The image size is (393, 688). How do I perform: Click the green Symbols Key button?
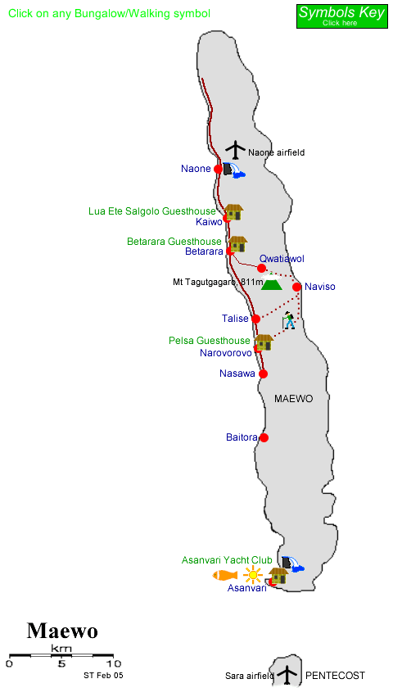coord(341,15)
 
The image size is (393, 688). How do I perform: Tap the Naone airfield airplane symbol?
coord(236,150)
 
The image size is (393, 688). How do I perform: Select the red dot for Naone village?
coord(219,169)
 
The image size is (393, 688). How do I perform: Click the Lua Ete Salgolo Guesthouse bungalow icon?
coord(234,212)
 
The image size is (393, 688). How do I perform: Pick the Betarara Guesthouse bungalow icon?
coord(237,243)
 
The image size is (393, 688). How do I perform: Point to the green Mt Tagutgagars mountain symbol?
coord(271,283)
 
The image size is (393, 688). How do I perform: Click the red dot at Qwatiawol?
coord(261,268)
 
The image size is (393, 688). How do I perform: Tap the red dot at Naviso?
coord(297,287)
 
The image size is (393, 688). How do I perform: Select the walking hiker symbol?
coord(289,320)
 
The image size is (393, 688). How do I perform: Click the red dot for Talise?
coord(255,319)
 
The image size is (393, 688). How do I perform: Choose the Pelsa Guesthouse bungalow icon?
coord(264,342)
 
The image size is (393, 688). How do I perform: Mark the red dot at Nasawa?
coord(264,373)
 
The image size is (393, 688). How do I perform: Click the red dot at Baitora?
coord(264,437)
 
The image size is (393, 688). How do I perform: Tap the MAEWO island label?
coord(294,398)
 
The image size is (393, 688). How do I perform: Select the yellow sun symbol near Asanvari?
coord(252,575)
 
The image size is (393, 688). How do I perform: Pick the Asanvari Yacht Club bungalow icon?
coord(278,575)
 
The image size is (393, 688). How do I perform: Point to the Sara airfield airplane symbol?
coord(287,675)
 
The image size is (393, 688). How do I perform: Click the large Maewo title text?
coord(62,631)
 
